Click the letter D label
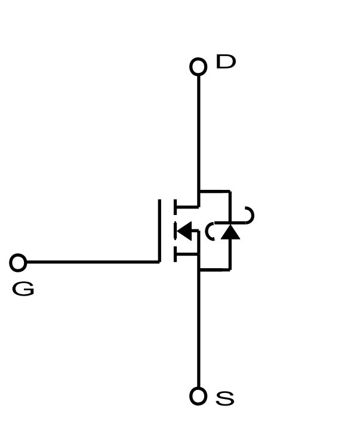pyautogui.click(x=226, y=62)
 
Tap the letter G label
pyautogui.click(x=23, y=289)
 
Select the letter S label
pyautogui.click(x=225, y=398)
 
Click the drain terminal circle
pyautogui.click(x=198, y=67)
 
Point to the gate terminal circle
pyautogui.click(x=18, y=262)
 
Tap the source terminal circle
pyautogui.click(x=198, y=396)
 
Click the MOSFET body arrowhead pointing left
pyautogui.click(x=184, y=231)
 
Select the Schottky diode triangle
pyautogui.click(x=230, y=232)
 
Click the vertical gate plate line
pyautogui.click(x=159, y=231)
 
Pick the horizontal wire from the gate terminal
pyautogui.click(x=93, y=262)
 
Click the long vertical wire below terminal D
pyautogui.click(x=198, y=133)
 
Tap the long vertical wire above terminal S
pyautogui.click(x=198, y=328)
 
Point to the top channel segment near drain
pyautogui.click(x=175, y=207)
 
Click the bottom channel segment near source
pyautogui.click(x=175, y=254)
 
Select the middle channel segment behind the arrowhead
pyautogui.click(x=175, y=231)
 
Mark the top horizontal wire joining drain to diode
pyautogui.click(x=214, y=191)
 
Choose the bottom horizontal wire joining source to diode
pyautogui.click(x=214, y=269)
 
